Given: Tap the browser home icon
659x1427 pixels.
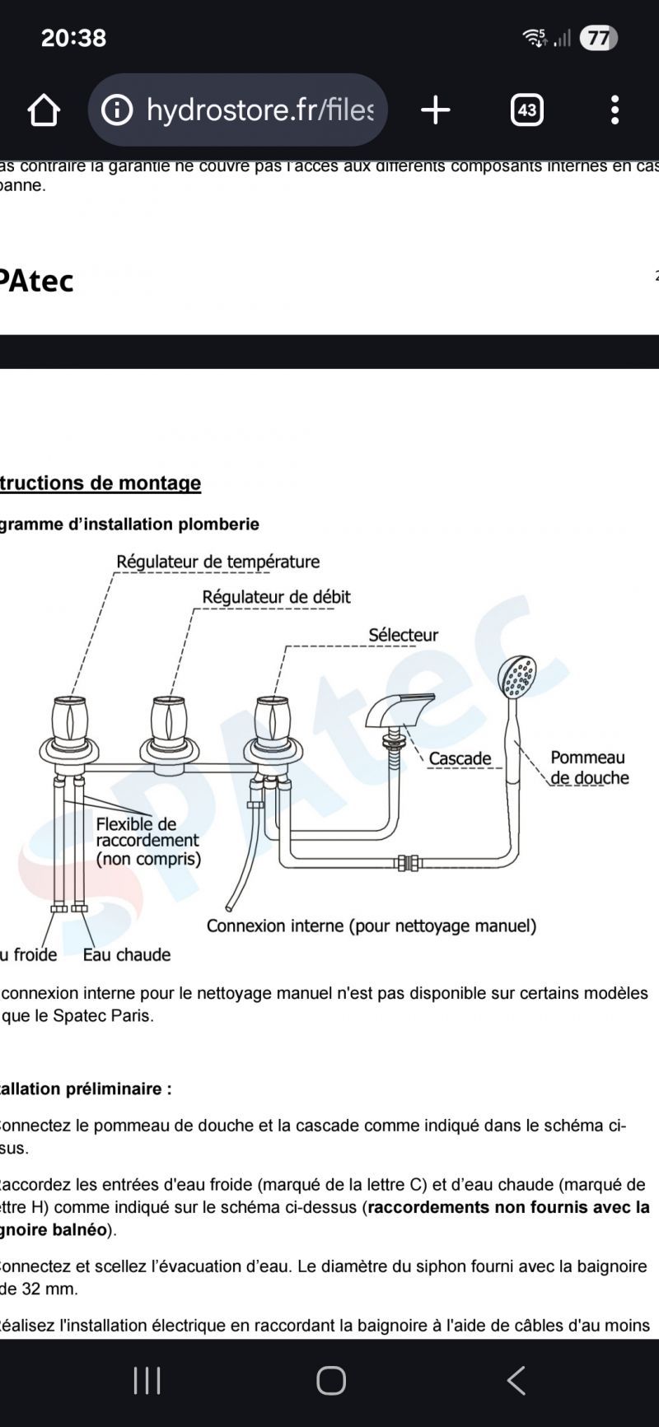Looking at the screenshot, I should click(44, 110).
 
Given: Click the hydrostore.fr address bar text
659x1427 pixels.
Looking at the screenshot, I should click(259, 110).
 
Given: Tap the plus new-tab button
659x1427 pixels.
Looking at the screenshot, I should click(435, 110).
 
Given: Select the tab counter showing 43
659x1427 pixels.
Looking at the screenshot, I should click(527, 110).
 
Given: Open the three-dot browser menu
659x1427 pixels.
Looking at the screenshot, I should click(615, 110).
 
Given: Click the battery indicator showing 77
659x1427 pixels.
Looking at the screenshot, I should click(598, 38).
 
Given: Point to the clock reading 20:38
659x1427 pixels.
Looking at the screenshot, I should click(73, 38).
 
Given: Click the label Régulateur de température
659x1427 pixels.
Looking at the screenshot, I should click(217, 562).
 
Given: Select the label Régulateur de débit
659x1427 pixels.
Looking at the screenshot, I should click(276, 597).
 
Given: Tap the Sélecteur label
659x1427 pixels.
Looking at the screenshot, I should click(403, 635).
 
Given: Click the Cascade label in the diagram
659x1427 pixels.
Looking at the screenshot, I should click(460, 758).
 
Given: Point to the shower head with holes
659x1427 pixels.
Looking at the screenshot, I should click(517, 677).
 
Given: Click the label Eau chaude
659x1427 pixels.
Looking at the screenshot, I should click(127, 954).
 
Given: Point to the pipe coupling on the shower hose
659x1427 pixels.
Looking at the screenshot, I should click(408, 863).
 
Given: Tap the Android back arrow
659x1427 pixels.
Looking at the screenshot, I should click(516, 1380).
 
